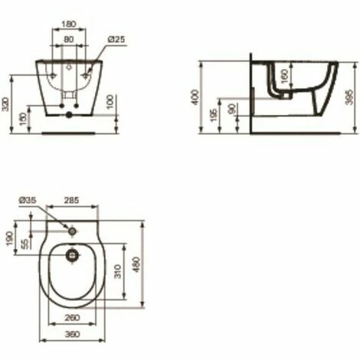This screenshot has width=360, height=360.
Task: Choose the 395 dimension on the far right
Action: coord(350,97)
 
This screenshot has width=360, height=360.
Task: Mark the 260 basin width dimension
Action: coord(71,318)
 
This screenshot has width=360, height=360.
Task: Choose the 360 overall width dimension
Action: coord(71,335)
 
